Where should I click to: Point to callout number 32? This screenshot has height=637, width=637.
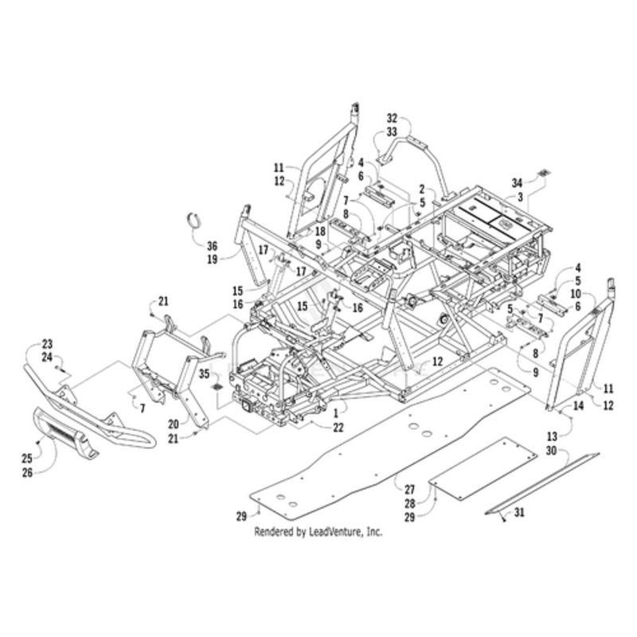click(391, 117)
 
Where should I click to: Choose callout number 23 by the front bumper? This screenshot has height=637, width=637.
click(47, 344)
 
